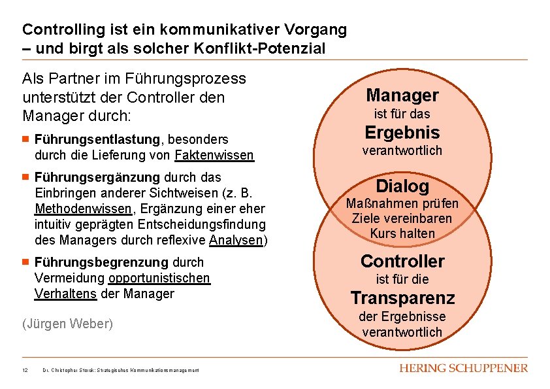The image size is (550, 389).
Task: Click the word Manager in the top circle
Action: tap(402, 95)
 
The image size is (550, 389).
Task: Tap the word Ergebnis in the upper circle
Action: tap(402, 133)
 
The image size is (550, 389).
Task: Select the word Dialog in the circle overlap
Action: tap(402, 186)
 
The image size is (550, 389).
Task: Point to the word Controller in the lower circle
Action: tap(402, 262)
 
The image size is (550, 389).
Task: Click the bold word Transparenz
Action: tap(402, 299)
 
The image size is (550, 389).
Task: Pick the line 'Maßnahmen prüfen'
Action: tap(402, 204)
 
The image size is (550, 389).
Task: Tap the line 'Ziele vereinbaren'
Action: tap(402, 218)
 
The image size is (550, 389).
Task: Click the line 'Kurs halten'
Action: tap(402, 233)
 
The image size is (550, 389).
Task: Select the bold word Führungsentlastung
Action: tap(97, 139)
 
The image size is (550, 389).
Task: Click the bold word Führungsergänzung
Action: tap(97, 177)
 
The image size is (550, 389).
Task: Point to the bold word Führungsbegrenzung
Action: tap(101, 262)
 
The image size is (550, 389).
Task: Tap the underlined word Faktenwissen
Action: tap(214, 155)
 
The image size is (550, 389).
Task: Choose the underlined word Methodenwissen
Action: tap(83, 209)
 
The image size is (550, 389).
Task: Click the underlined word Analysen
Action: tap(236, 240)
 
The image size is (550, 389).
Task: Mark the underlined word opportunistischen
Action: tap(159, 278)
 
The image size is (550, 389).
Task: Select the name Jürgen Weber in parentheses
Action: tap(67, 324)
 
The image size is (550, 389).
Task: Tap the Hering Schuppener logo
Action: tap(463, 369)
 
